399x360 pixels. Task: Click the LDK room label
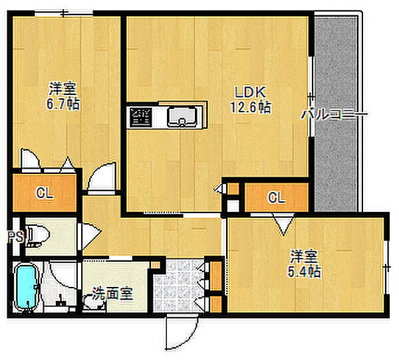coord(250,92)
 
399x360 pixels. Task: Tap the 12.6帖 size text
coord(251,107)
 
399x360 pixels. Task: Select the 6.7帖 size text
coord(63,104)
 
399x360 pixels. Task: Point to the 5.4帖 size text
coord(304,271)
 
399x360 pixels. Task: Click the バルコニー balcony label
coord(334,114)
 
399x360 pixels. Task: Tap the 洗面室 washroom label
coord(112,294)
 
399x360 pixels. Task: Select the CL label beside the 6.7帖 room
coord(45,193)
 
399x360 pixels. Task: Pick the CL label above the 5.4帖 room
coord(277,197)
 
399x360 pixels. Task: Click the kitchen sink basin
coord(182,117)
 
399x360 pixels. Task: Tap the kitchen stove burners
coord(141,117)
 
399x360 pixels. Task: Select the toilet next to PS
coord(38,236)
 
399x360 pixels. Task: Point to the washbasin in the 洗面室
coord(94,302)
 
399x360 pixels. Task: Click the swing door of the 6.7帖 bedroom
coord(102,177)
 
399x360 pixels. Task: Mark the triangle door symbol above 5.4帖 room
coord(283,224)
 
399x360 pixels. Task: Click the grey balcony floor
coord(336,114)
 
